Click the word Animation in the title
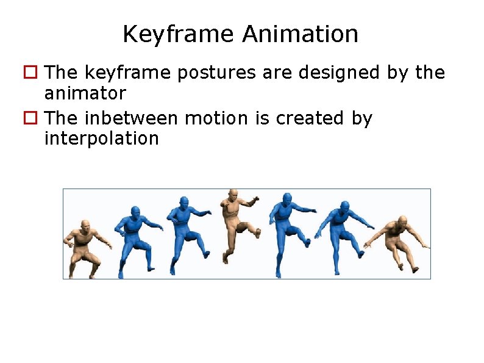(x=300, y=34)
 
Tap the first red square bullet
(x=29, y=73)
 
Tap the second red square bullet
(x=29, y=118)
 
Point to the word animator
(x=85, y=94)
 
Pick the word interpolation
(x=101, y=138)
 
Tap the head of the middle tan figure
(x=233, y=195)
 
